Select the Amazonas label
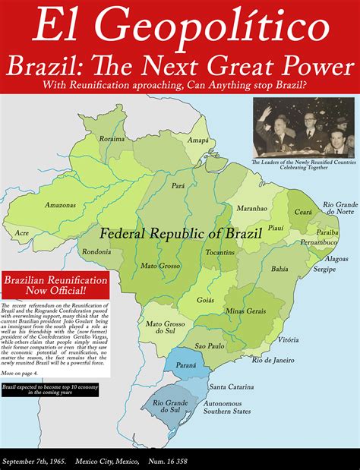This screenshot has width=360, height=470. point(60,205)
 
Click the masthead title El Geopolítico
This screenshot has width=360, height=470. point(180,30)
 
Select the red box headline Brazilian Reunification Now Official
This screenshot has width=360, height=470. point(55,285)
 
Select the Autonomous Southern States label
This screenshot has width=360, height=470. point(245,412)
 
